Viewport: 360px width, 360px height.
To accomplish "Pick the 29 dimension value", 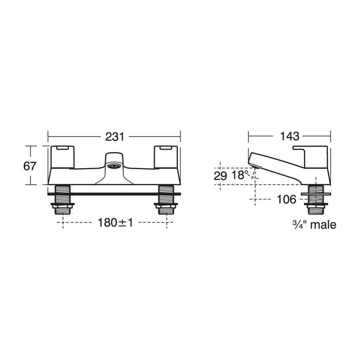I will click(221, 175).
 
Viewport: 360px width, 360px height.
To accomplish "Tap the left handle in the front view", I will click(63, 154).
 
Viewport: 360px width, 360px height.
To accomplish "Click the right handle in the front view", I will click(166, 154).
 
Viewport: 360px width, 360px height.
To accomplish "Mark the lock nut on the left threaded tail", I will click(63, 208).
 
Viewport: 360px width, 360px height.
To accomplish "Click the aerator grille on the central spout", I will click(114, 166).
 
